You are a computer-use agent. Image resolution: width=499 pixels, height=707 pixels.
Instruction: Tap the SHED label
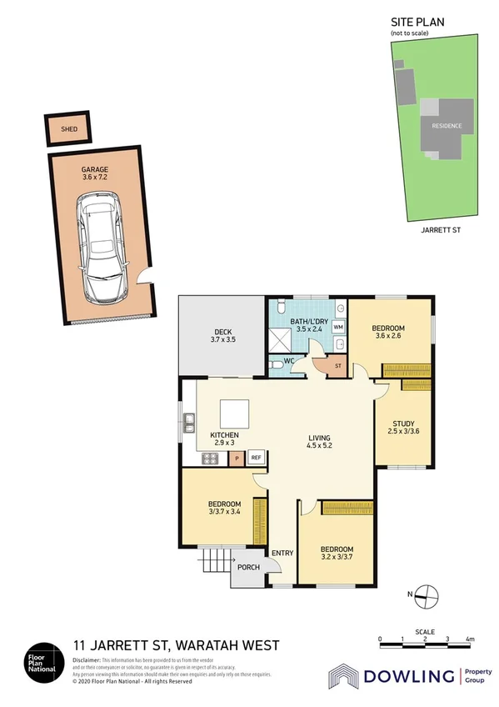coord(70,129)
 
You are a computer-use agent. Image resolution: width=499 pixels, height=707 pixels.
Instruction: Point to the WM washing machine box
coord(338,328)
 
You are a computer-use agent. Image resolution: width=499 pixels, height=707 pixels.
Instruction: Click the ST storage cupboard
coord(338,365)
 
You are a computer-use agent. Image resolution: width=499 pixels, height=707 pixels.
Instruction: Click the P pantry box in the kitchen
coord(237,458)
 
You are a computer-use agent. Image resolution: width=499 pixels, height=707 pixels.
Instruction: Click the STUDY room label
coord(403,427)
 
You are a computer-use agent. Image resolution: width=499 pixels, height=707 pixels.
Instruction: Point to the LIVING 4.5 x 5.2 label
coord(319,443)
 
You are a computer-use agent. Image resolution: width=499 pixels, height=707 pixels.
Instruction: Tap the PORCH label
coord(248,568)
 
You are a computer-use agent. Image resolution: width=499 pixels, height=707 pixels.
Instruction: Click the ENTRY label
coord(282,553)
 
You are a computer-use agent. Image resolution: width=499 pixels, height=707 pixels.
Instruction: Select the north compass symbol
coord(426,594)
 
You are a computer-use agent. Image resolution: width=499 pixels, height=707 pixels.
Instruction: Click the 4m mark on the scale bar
coord(471,639)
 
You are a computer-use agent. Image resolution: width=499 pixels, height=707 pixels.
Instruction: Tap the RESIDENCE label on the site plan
coord(447,126)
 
